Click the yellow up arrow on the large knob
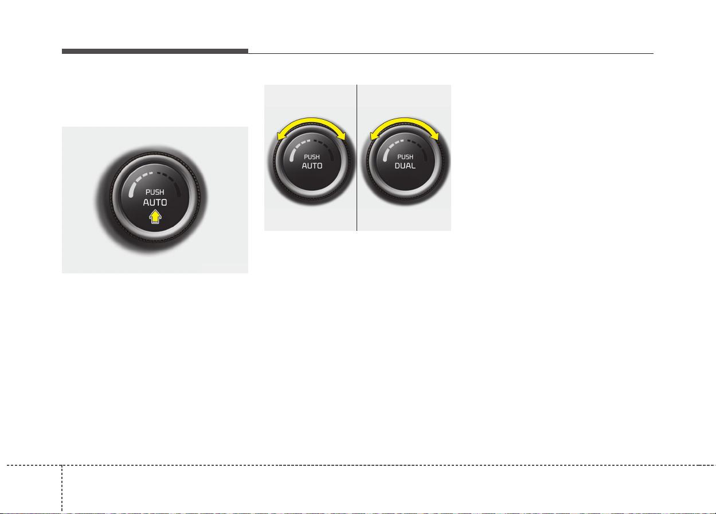155,217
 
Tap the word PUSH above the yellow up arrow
155,192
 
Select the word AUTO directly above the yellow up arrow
155,202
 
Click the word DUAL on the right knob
405,166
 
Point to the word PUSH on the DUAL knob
405,157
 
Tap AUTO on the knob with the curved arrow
312,166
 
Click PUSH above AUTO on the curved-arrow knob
312,157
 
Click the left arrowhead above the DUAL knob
374,136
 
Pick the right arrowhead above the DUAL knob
435,136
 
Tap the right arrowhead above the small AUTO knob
342,136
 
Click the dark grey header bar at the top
155,51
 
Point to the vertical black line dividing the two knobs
357,158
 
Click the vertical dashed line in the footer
62,489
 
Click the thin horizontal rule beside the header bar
451,53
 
